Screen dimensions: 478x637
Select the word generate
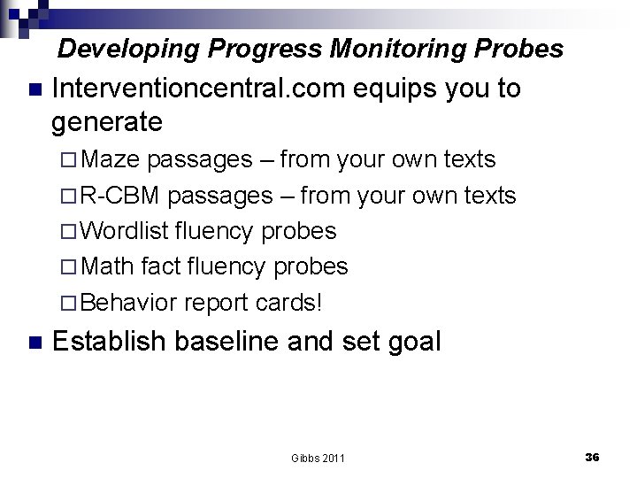coord(107,120)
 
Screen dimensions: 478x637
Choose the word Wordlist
coord(127,231)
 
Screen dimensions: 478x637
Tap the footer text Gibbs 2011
coord(318,458)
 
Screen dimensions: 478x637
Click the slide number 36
coord(593,457)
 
